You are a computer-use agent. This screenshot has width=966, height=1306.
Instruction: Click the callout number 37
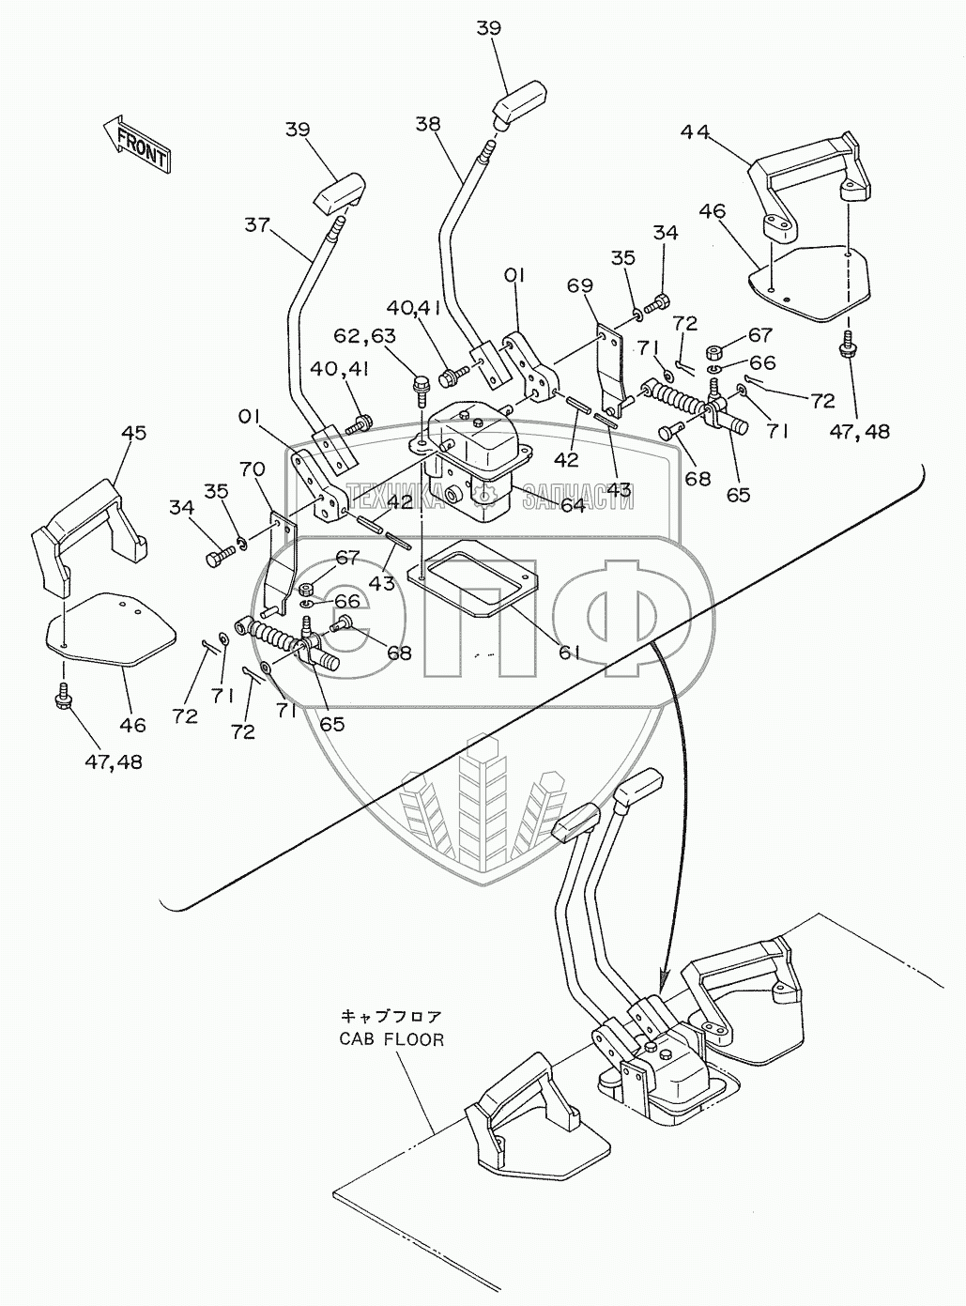(257, 225)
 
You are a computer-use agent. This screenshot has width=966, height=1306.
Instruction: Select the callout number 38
(428, 123)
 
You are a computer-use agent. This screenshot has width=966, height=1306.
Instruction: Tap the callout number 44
(695, 132)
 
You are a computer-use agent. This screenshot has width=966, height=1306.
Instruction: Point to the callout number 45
(133, 433)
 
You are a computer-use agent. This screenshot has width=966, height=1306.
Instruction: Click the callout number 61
(570, 653)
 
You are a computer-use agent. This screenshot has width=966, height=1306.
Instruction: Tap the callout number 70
(253, 469)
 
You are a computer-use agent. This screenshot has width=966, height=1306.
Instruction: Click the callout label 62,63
(365, 335)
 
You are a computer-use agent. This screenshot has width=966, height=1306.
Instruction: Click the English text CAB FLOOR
(391, 1054)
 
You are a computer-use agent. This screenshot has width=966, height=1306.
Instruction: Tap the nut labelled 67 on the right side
(715, 353)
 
